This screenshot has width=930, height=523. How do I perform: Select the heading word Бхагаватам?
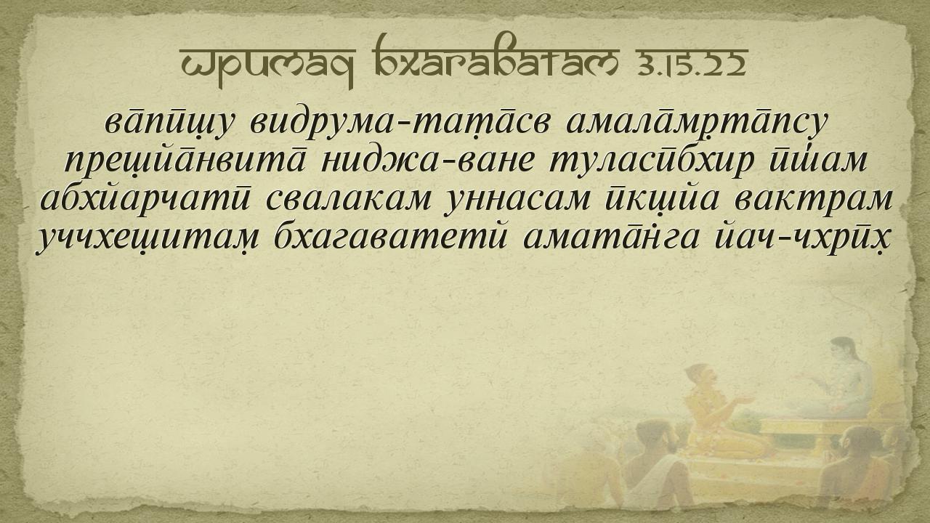(496, 57)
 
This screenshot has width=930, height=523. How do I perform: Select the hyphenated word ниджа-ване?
(427, 161)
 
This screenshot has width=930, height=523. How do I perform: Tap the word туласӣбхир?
(651, 161)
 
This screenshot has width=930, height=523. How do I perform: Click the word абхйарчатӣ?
(146, 200)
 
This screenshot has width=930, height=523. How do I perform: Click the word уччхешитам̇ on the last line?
(147, 240)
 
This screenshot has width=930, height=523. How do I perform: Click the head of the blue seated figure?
(844, 349)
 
